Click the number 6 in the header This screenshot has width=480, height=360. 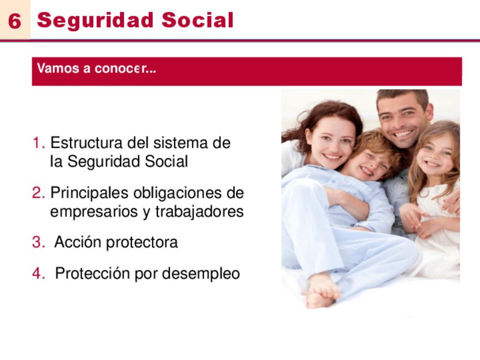(15, 21)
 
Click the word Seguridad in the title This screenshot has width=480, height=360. (95, 21)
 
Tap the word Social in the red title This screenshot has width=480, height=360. (198, 20)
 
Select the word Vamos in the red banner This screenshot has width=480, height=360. (58, 68)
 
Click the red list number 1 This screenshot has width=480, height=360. (38, 143)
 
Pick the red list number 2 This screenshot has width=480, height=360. (38, 192)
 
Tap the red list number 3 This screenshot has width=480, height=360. (38, 242)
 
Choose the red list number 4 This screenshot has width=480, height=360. (38, 273)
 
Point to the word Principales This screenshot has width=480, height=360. (89, 193)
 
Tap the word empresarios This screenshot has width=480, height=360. (94, 212)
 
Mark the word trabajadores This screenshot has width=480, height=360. (199, 212)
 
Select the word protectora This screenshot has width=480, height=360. (142, 242)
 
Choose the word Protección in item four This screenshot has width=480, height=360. (92, 273)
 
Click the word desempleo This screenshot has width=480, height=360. (201, 273)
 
